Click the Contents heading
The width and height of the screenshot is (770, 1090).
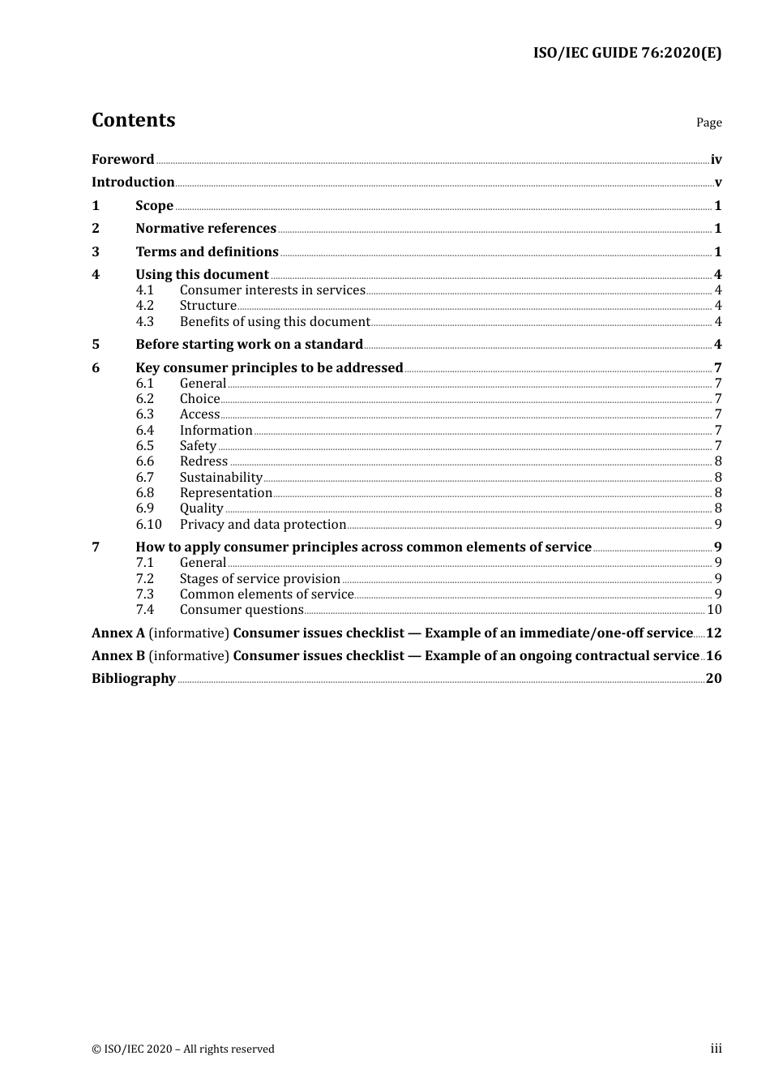133,120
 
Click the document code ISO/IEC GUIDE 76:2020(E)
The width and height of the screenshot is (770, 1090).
627,53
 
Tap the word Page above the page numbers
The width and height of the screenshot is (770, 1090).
708,122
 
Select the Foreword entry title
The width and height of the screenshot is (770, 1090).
122,159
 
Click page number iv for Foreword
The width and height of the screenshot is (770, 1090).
716,160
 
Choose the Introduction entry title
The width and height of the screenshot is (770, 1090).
133,182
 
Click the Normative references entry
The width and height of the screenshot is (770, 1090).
206,228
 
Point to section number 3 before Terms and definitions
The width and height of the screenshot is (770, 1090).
96,251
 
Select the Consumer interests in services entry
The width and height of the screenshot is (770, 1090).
272,290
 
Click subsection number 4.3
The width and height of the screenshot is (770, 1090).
145,321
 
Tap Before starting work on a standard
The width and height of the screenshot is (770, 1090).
249,344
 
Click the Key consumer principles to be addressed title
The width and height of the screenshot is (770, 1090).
269,367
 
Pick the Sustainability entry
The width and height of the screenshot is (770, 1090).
220,477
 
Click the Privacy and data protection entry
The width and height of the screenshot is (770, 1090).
263,524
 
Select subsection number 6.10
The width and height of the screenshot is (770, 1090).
148,524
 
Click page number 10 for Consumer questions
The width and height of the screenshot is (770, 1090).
714,609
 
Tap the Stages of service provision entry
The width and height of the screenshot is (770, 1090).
259,578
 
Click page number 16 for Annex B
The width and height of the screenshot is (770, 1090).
713,655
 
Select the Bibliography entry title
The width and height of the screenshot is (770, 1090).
134,678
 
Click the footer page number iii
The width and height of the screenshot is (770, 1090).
716,1049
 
